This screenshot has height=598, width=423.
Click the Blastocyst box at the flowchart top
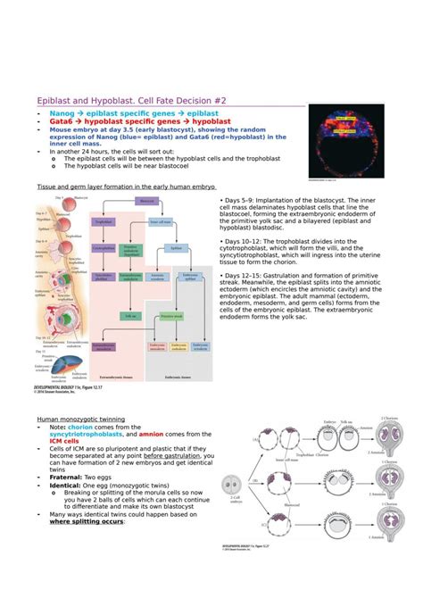[148, 202]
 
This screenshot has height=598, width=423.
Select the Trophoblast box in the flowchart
[104, 221]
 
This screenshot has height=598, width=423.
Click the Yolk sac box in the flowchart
[131, 316]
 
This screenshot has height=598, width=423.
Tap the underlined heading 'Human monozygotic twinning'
[80, 419]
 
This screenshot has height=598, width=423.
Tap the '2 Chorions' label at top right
[390, 418]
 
